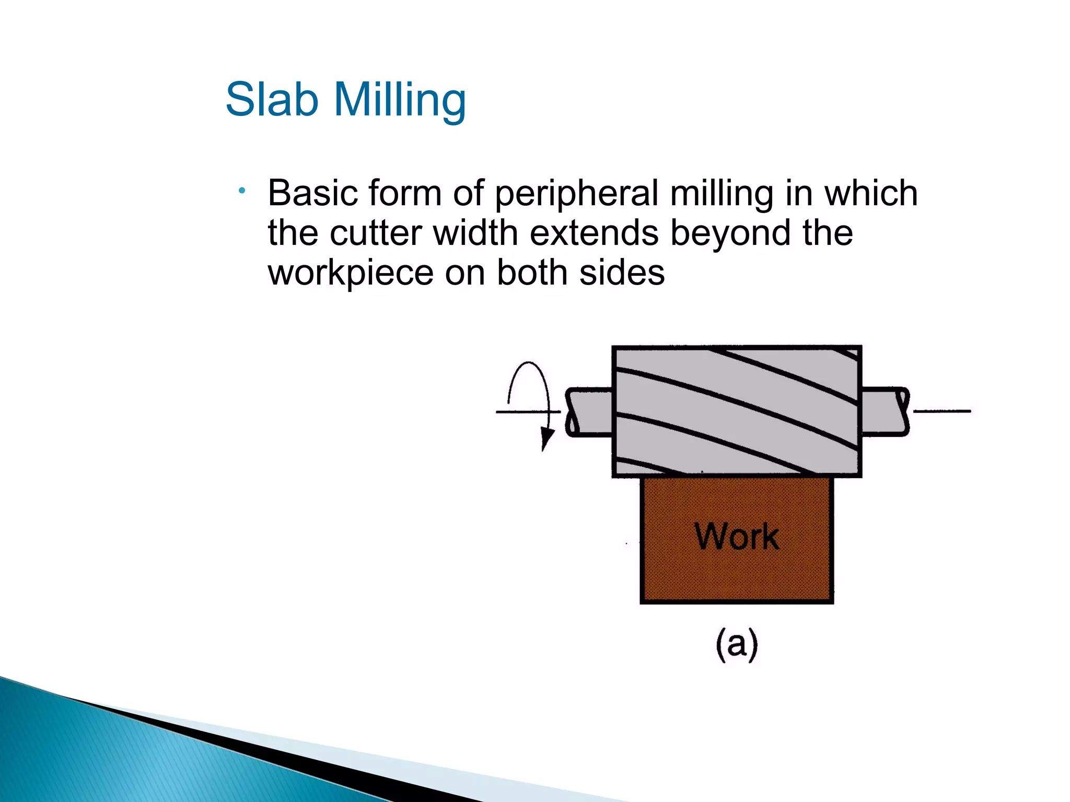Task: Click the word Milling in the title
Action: pyautogui.click(x=400, y=100)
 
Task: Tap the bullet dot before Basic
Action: pyautogui.click(x=241, y=191)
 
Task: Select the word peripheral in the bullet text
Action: pyautogui.click(x=576, y=194)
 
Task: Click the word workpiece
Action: pyautogui.click(x=351, y=274)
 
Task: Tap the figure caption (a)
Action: pyautogui.click(x=737, y=645)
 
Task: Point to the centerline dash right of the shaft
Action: pyautogui.click(x=942, y=411)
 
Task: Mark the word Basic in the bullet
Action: pyautogui.click(x=312, y=193)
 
